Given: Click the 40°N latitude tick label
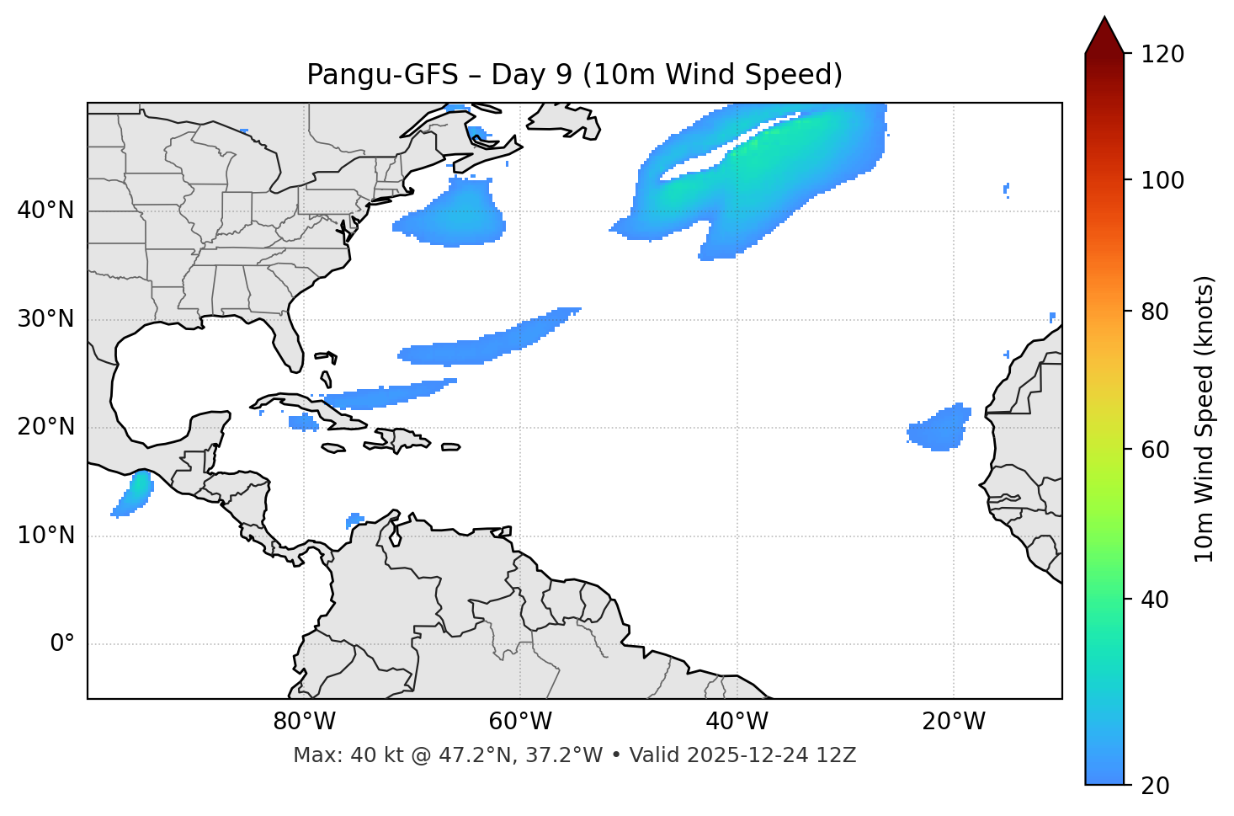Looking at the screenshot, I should click(x=45, y=211).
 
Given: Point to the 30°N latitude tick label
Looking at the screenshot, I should click(x=45, y=319).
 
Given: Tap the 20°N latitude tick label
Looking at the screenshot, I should click(x=45, y=427).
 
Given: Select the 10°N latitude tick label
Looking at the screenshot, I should click(x=45, y=536).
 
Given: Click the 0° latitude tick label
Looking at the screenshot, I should click(x=62, y=644).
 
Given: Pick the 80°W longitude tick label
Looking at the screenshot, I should click(x=304, y=722).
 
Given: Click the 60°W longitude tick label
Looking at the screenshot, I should click(x=520, y=722).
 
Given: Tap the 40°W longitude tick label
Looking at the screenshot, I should click(x=737, y=722).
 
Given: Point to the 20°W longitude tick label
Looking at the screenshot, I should click(x=954, y=722).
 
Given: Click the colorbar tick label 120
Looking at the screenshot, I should click(x=1162, y=55).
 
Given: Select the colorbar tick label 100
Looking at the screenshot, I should click(x=1162, y=180).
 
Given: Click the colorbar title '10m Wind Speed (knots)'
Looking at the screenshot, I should click(x=1205, y=419).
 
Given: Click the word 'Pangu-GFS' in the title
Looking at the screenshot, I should click(x=383, y=75).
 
